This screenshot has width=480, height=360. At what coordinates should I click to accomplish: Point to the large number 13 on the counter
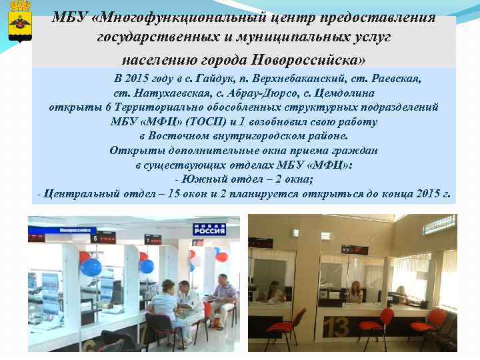pos(339,327)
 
